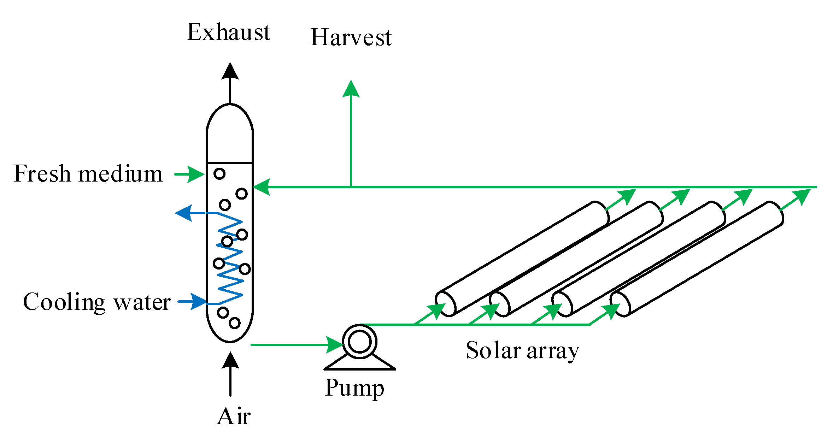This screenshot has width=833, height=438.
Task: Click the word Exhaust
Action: click(x=228, y=32)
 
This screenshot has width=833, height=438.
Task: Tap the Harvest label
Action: click(x=351, y=37)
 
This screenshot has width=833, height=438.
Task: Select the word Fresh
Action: click(x=42, y=174)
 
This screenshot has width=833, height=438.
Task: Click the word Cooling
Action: click(x=64, y=302)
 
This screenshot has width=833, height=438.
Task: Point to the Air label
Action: click(x=234, y=416)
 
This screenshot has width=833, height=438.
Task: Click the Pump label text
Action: click(x=354, y=388)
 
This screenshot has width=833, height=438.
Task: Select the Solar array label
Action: click(x=522, y=351)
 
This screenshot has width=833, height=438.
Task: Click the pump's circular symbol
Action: click(x=359, y=342)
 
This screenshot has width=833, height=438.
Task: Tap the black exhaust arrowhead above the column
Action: click(x=230, y=71)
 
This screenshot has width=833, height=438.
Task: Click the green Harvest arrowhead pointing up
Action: click(x=351, y=89)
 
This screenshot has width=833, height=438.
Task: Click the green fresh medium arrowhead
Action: click(x=195, y=174)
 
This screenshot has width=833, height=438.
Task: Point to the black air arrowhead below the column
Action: click(x=230, y=360)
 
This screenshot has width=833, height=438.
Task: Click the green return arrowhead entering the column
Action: click(x=262, y=187)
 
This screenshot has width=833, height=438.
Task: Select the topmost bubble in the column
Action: click(x=219, y=174)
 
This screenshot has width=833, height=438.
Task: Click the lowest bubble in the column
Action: click(x=234, y=323)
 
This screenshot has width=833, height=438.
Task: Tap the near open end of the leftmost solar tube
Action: click(x=445, y=304)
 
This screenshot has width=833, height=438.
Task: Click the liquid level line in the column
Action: click(x=230, y=163)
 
